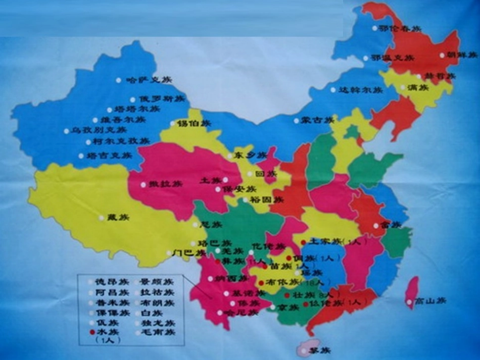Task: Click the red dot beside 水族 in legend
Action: click(91, 332)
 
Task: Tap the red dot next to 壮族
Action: click(287, 295)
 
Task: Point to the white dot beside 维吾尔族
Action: click(95, 120)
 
